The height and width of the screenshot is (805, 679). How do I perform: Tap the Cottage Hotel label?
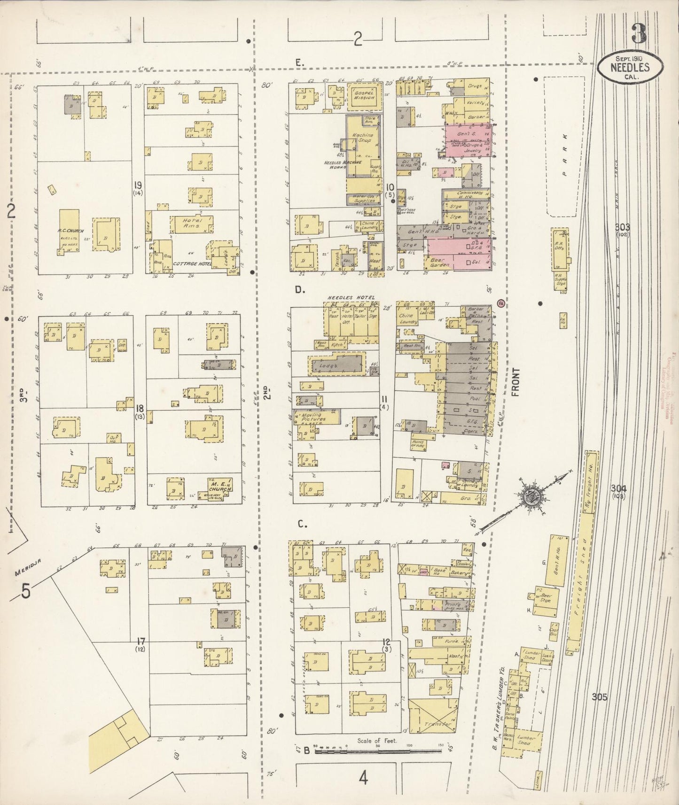coord(189,264)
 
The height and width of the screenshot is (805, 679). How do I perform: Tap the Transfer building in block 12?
coord(433,724)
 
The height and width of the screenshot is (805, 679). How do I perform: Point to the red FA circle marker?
coord(501,303)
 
